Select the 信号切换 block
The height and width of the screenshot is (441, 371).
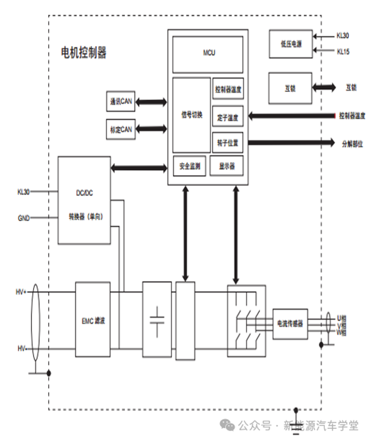pos(191,115)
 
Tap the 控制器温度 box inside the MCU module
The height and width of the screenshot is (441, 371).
pos(228,89)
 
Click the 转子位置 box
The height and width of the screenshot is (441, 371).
pos(228,142)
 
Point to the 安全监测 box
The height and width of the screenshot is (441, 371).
pos(190,166)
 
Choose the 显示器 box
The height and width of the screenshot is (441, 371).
pos(227,166)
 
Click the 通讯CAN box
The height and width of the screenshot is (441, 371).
pos(121,101)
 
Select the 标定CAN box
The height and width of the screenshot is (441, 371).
pos(121,129)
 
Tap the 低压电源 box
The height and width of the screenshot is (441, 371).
pos(291,44)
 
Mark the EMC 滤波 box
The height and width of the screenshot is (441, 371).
pos(93,320)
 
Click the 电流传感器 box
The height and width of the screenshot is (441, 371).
pos(290,324)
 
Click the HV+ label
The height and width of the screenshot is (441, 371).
pos(21,292)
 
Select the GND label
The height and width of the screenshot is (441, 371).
pos(23,218)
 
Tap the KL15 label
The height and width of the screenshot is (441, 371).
pos(343,52)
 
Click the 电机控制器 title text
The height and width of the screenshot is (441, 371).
pos(83,53)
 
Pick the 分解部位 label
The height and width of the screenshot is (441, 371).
pos(352,144)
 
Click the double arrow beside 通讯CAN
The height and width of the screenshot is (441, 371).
pos(151,102)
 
